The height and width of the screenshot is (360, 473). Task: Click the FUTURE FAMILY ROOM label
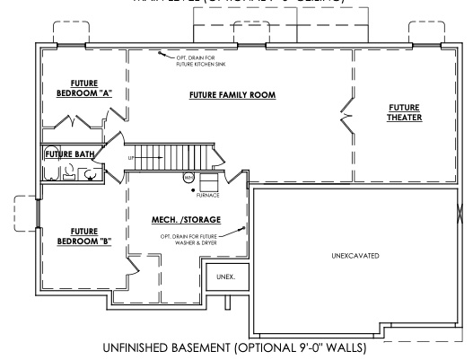(x=232, y=94)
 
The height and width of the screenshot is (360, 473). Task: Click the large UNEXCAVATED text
(x=356, y=256)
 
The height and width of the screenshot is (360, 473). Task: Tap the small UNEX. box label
(x=225, y=277)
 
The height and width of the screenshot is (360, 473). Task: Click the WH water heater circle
(x=188, y=177)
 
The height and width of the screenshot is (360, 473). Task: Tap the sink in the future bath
(x=69, y=176)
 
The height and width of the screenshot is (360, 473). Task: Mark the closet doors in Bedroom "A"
(x=80, y=120)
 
